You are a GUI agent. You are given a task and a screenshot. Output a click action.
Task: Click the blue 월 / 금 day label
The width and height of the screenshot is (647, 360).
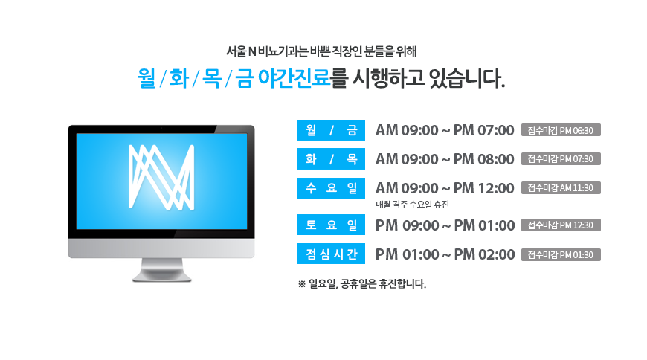[x=330, y=130]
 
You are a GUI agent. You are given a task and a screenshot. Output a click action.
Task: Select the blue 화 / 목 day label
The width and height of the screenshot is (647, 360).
[x=330, y=159]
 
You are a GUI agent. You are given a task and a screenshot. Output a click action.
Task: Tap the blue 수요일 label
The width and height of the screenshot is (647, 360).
[x=330, y=188]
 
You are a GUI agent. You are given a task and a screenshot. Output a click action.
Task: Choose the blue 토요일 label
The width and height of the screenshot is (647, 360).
[x=330, y=225]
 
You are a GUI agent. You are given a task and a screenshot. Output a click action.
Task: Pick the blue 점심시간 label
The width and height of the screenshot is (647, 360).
[x=330, y=254]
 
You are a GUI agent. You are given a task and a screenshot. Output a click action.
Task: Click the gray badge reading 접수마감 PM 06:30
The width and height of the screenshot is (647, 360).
[x=561, y=130]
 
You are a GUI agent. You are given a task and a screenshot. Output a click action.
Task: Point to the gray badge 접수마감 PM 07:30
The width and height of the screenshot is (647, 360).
[x=561, y=159]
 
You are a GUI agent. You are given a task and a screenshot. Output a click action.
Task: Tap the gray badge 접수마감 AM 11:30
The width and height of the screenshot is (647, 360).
[x=561, y=188]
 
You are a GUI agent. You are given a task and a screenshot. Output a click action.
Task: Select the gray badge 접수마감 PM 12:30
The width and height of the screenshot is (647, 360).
[x=561, y=225]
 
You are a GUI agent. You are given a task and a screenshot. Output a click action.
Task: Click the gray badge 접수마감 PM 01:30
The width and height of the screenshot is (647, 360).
[x=561, y=254]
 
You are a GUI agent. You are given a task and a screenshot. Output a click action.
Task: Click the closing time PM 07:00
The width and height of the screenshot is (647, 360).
[x=483, y=130]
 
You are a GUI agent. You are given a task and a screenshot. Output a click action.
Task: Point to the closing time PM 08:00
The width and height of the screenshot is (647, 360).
[x=483, y=159]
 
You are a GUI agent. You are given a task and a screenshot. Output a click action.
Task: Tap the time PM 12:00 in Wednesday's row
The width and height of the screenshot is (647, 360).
[x=483, y=188]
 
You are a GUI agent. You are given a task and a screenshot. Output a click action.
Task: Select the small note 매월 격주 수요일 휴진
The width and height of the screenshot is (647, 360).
[x=412, y=205]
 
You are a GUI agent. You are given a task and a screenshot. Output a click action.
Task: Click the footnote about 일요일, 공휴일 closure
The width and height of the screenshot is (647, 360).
[x=362, y=284]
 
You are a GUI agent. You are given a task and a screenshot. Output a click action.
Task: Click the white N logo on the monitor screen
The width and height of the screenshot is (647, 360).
[x=161, y=178]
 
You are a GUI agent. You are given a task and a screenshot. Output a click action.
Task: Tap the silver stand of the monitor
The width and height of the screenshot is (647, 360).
[x=161, y=271]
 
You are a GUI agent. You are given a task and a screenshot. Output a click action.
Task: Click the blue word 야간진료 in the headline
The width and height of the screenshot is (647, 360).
[x=294, y=78]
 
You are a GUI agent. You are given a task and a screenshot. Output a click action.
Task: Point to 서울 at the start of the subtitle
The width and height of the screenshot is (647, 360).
[x=236, y=51]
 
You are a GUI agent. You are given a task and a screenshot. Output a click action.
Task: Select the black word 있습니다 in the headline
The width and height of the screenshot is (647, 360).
[x=467, y=78]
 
